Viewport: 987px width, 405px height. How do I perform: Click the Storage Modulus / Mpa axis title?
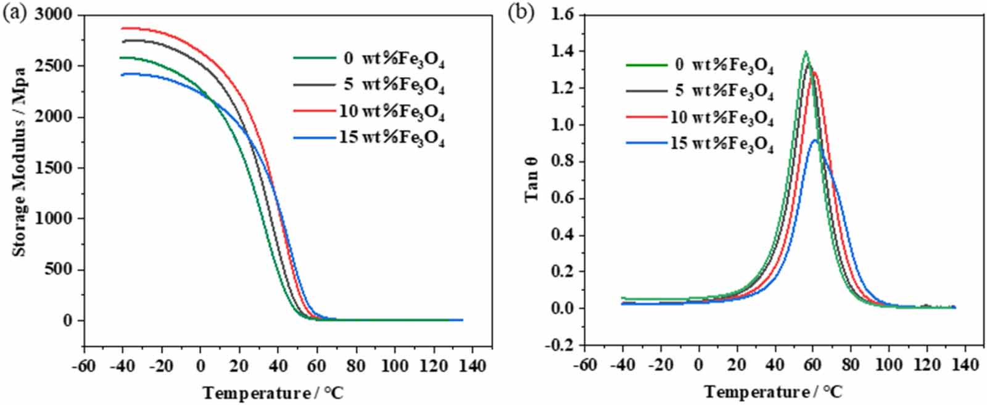[x=19, y=162]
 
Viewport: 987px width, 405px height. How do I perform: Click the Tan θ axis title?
[x=532, y=179]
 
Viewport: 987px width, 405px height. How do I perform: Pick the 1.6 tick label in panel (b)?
[x=562, y=14]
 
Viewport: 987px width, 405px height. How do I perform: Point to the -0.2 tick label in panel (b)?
[x=559, y=345]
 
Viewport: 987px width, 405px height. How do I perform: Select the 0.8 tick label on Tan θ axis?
[x=562, y=162]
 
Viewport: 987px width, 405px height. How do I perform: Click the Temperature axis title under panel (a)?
[x=272, y=393]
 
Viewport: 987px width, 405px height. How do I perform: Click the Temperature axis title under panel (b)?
[x=773, y=392]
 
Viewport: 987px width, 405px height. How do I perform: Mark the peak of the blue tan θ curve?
[x=814, y=140]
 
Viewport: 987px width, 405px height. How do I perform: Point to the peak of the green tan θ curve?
[x=805, y=51]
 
